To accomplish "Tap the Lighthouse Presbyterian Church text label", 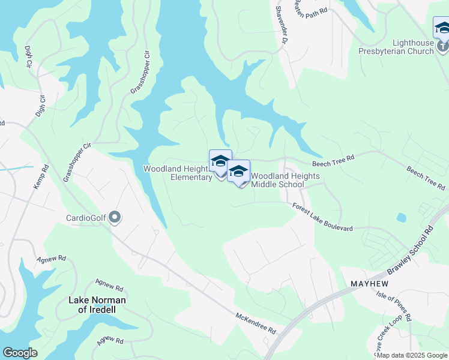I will (x=413, y=47).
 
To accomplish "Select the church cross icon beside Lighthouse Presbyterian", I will (x=442, y=46).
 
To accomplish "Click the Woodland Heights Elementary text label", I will (x=177, y=173).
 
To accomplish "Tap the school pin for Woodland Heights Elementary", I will (x=220, y=162).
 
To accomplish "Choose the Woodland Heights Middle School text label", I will (x=285, y=180).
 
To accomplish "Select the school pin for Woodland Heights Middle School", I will (x=238, y=172).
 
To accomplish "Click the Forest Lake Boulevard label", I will (x=322, y=217).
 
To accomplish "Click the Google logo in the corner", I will (x=20, y=353).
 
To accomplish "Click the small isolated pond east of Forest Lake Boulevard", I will (x=401, y=217).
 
